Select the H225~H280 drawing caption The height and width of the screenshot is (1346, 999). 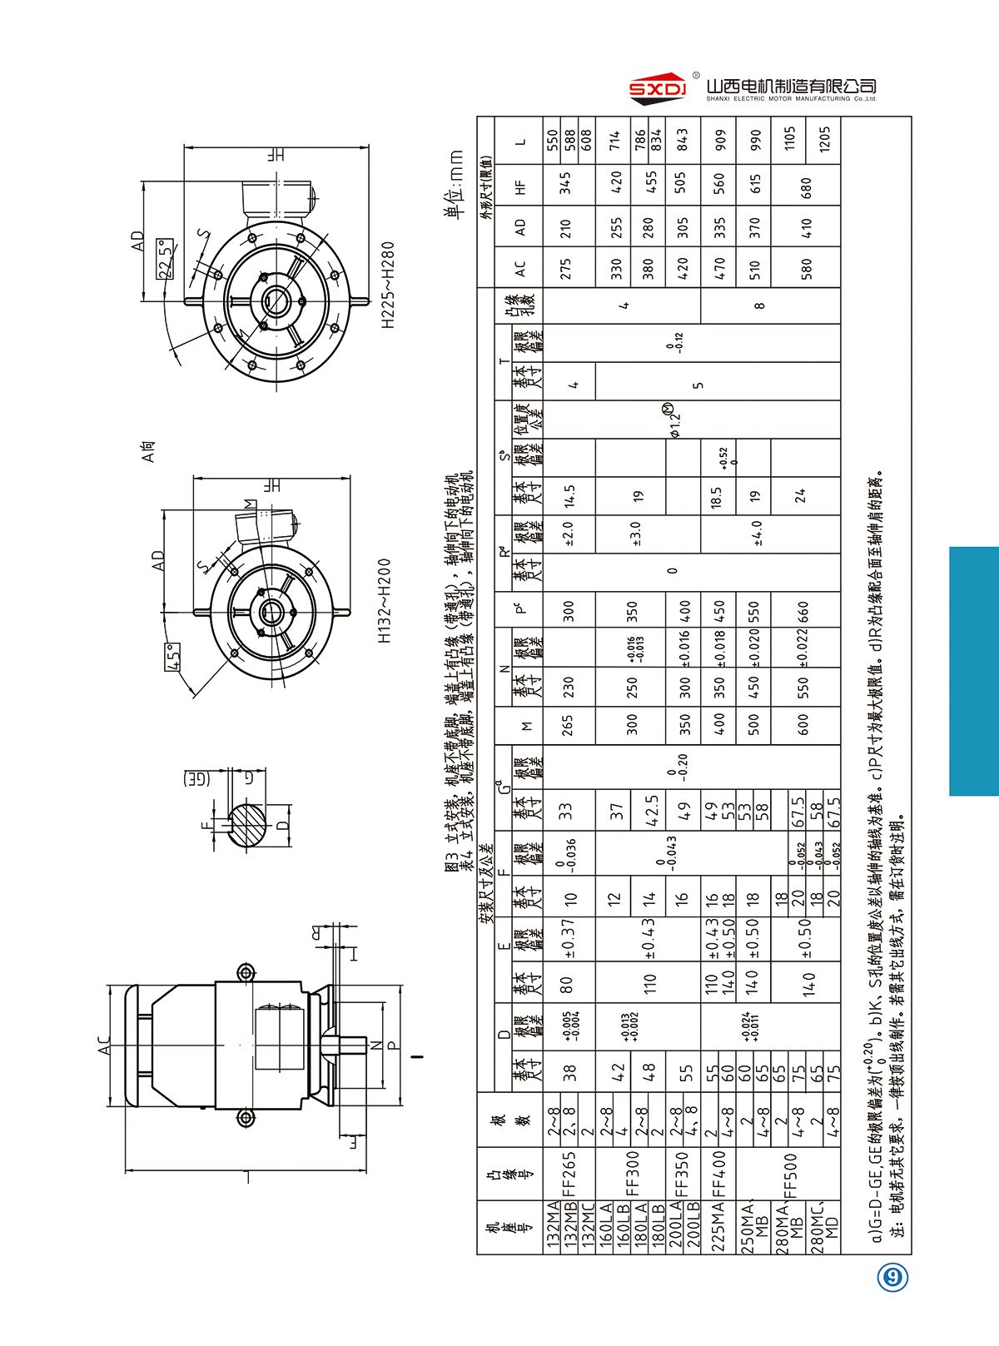(389, 286)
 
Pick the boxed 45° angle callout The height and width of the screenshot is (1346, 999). (173, 658)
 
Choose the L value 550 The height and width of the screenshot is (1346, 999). (550, 138)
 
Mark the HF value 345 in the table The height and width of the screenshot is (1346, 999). (566, 183)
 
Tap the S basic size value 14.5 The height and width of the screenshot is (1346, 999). (569, 496)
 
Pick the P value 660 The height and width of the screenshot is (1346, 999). (803, 612)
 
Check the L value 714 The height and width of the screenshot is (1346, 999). (615, 138)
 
